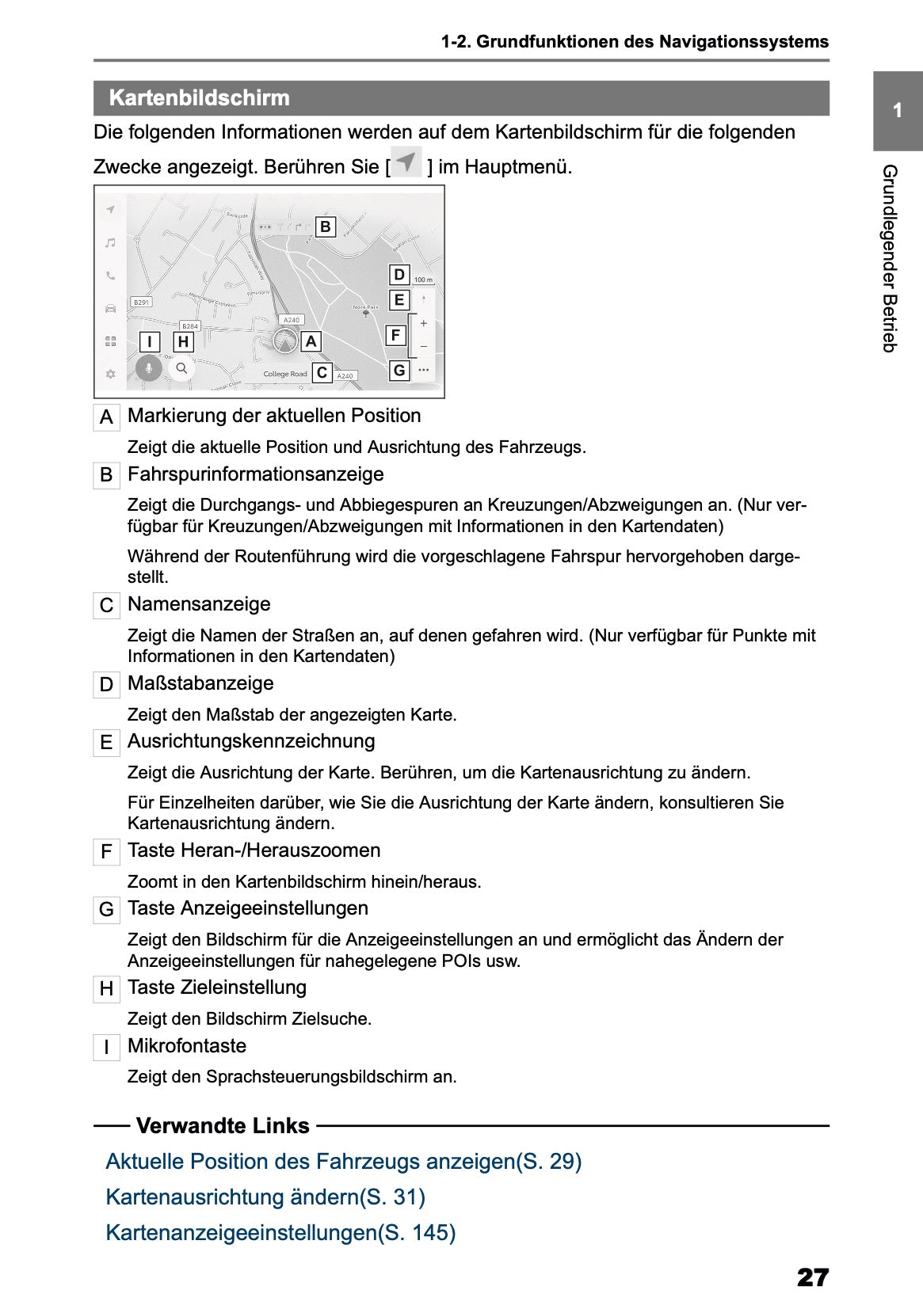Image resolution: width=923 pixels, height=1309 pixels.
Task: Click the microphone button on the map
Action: [148, 368]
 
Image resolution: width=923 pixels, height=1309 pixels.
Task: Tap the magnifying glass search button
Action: [181, 368]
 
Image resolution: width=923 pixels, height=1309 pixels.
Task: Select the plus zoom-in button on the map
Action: [424, 323]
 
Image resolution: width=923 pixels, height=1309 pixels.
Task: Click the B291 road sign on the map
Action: [141, 303]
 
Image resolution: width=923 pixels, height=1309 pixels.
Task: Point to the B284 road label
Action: [190, 325]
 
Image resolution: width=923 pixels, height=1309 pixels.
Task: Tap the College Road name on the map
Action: [285, 374]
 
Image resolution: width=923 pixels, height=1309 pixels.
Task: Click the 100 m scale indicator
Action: [423, 280]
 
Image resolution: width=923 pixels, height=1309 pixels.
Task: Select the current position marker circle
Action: [284, 341]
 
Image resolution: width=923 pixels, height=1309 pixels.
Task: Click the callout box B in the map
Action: [325, 227]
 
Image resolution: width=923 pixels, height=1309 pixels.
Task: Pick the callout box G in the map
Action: [399, 370]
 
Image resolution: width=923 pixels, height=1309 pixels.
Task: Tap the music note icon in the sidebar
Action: [111, 242]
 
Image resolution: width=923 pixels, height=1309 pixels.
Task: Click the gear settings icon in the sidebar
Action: [111, 374]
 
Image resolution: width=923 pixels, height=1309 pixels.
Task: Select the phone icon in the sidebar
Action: [111, 276]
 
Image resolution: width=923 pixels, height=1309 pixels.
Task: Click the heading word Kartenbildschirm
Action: [199, 98]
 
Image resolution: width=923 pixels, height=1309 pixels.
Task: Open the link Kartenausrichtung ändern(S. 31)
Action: [265, 1197]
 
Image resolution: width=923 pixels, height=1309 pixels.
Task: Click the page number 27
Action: [812, 1277]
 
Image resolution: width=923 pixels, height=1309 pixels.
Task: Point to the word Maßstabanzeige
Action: [200, 683]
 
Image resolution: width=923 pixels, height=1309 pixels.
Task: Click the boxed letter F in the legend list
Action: [106, 852]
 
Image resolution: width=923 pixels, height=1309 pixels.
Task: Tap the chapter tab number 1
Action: [897, 111]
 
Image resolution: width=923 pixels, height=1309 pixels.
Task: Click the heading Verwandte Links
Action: [223, 1125]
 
